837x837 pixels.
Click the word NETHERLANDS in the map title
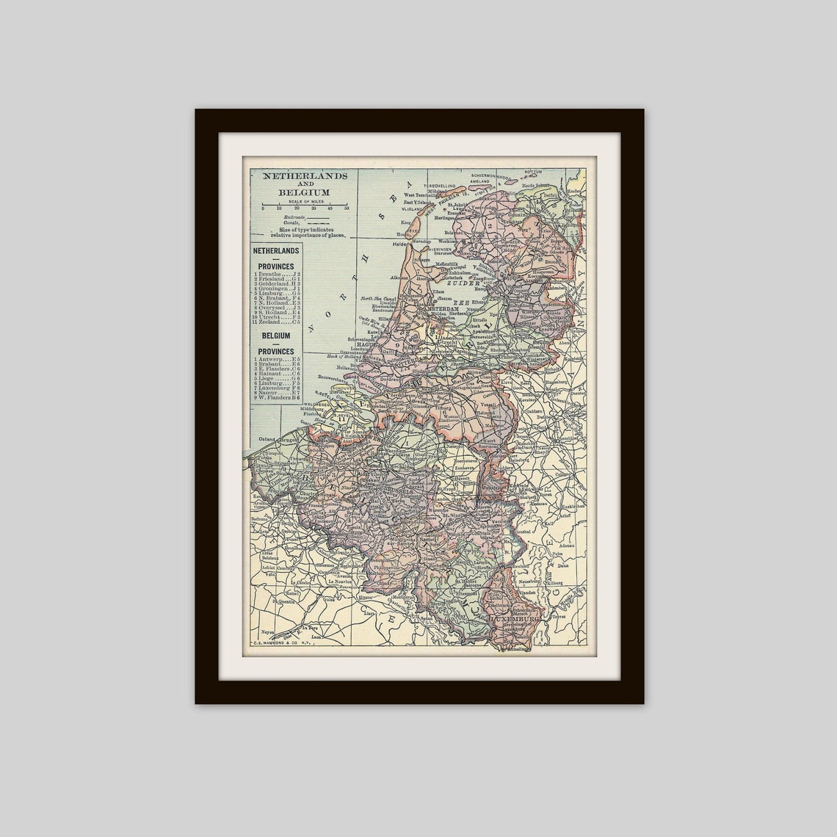coord(295,177)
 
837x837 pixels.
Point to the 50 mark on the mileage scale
coord(347,209)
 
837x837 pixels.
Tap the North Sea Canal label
coord(379,299)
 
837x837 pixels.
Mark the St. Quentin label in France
coord(283,601)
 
